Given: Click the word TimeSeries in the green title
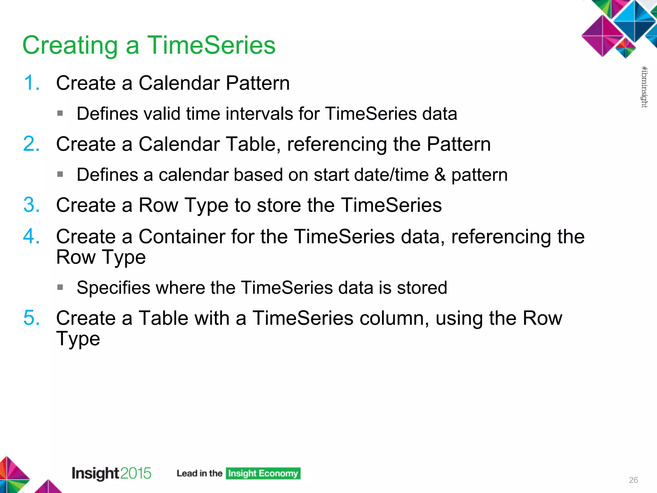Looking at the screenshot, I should [x=211, y=45].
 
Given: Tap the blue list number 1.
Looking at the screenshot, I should [x=31, y=83].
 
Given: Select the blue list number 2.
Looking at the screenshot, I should [x=31, y=144].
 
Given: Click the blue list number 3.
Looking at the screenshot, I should [x=31, y=205].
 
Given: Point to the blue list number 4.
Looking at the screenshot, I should [x=31, y=236].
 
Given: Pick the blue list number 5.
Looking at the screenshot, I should [x=31, y=318].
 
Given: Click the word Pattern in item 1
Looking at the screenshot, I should [x=258, y=83].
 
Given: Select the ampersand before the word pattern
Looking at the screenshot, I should [x=440, y=175].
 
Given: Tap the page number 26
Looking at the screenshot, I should [x=633, y=480].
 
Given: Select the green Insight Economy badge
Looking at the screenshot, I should [x=263, y=473].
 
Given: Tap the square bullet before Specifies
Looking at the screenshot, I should [x=60, y=287].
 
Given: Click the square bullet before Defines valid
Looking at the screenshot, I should [x=60, y=113].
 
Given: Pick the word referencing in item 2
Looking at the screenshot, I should [x=337, y=144].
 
